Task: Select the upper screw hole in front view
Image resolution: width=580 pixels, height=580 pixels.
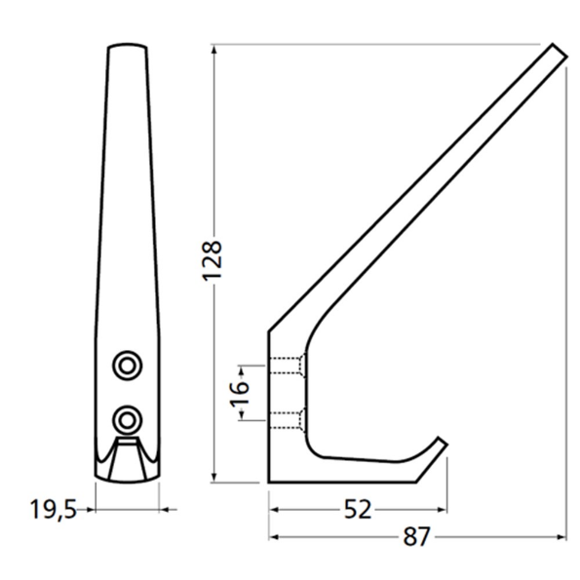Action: [x=126, y=364]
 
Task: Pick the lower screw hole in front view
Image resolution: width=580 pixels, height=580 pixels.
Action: [x=126, y=419]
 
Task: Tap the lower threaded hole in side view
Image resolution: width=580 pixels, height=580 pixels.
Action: [x=287, y=420]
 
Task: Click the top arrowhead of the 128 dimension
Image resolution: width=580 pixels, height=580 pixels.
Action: [x=213, y=49]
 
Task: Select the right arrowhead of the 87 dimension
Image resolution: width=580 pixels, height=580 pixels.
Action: [x=562, y=537]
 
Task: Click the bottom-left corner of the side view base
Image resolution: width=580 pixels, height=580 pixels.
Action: [x=270, y=482]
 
